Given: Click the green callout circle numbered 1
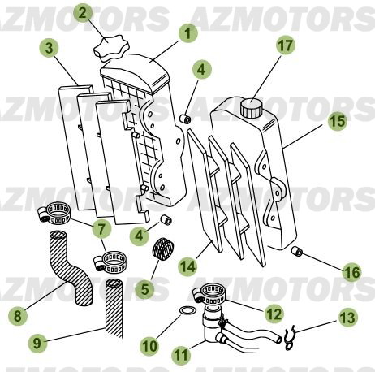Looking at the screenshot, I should click(187, 33).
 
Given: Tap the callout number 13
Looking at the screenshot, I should click(346, 318).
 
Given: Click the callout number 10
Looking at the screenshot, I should click(150, 346).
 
